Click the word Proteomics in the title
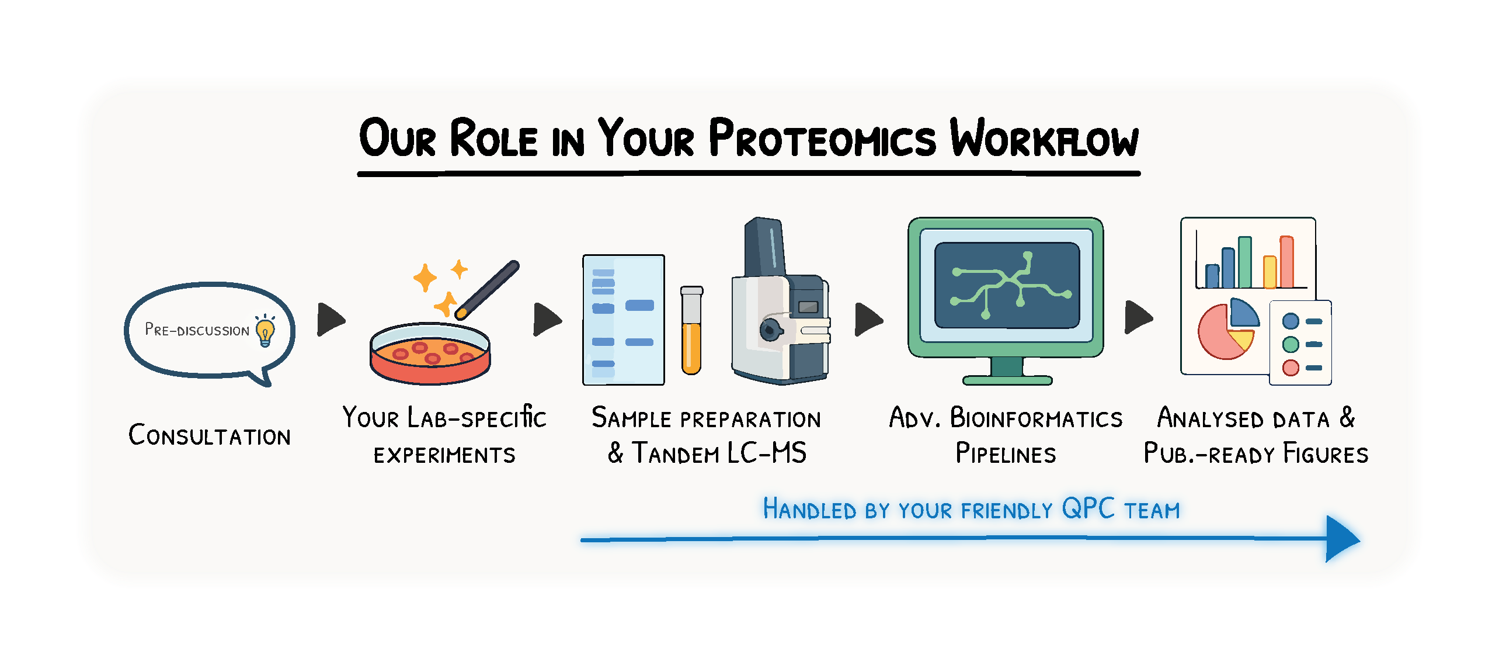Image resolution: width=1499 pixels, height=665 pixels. [822, 138]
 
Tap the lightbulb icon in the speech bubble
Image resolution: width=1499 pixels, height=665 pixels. [265, 331]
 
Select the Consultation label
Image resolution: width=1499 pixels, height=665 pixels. [209, 435]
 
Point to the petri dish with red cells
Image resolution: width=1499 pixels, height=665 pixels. [430, 354]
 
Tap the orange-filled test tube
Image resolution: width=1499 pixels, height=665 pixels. [691, 330]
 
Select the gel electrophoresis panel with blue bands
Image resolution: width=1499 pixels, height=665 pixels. [624, 320]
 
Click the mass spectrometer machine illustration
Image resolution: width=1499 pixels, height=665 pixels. [780, 301]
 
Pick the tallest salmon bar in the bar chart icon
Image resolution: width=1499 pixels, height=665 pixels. [1286, 262]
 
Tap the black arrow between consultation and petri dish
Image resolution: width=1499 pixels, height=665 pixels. [331, 319]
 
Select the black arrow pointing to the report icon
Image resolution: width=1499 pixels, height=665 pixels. [1139, 317]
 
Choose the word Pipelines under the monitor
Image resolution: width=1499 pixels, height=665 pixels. [1006, 453]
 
